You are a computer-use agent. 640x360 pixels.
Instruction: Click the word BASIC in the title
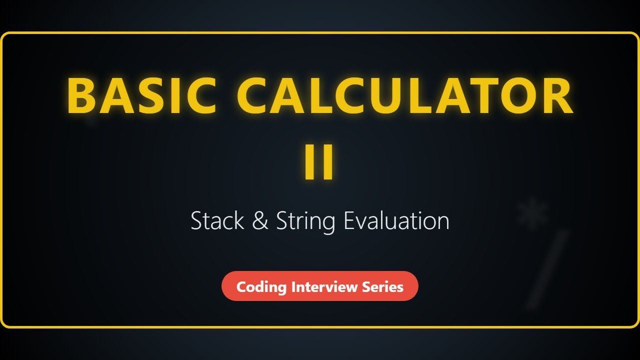(141, 96)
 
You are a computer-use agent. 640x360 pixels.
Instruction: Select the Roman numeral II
(319, 161)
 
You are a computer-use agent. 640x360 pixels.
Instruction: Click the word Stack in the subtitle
(217, 220)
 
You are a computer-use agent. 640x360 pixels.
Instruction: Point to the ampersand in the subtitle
(260, 221)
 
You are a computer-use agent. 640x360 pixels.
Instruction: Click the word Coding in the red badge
(261, 287)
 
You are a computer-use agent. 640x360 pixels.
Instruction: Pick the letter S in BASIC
(154, 96)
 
